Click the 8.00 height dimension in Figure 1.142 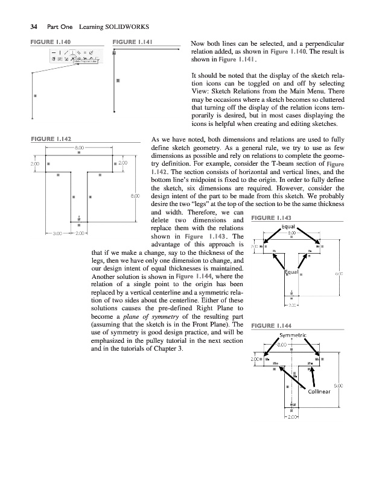click(136, 195)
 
